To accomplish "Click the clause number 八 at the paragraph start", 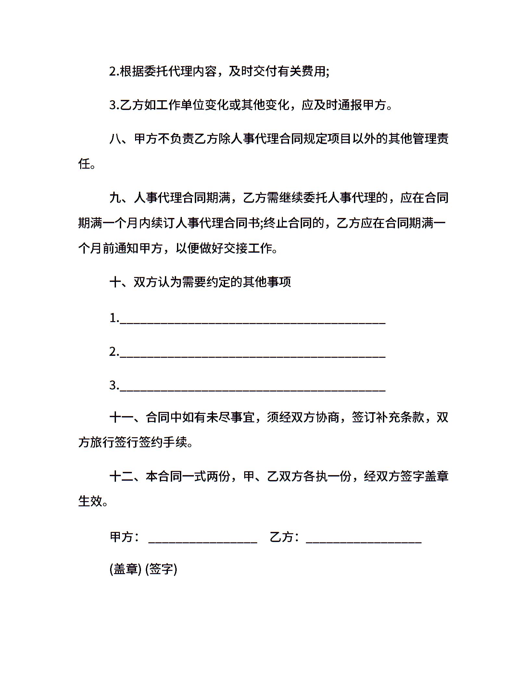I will point(115,139).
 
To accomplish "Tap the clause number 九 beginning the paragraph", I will point(115,198).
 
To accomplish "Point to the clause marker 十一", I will point(121,417).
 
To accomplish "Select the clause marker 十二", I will point(121,476).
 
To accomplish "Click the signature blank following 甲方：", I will point(203,539).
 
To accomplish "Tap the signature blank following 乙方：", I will point(364,539).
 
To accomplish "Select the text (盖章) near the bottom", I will point(125,569).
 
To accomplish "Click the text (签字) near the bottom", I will point(161,569).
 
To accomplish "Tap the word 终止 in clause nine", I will point(275,223).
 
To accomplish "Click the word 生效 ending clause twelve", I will point(90,501).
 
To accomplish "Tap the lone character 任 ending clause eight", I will point(84,164).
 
